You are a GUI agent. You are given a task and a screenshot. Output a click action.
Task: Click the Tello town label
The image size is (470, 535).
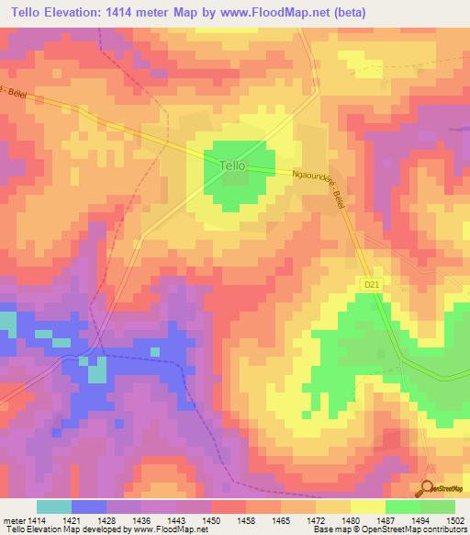pos(234,165)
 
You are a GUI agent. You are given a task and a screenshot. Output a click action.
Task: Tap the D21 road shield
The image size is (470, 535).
pos(372,288)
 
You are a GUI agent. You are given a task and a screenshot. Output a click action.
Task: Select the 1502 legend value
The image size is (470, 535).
pos(455,518)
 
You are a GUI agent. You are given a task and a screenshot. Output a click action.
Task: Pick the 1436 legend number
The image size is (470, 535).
pos(141,518)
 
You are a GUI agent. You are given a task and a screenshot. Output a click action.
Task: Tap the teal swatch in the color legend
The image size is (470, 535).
pos(54,507)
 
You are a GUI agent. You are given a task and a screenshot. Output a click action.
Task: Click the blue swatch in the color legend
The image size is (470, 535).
pos(89,507)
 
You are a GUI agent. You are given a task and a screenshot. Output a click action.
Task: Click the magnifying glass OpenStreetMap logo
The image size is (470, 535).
pos(428,489)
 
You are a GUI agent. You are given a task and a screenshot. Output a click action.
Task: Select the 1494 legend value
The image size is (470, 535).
pos(420,518)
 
